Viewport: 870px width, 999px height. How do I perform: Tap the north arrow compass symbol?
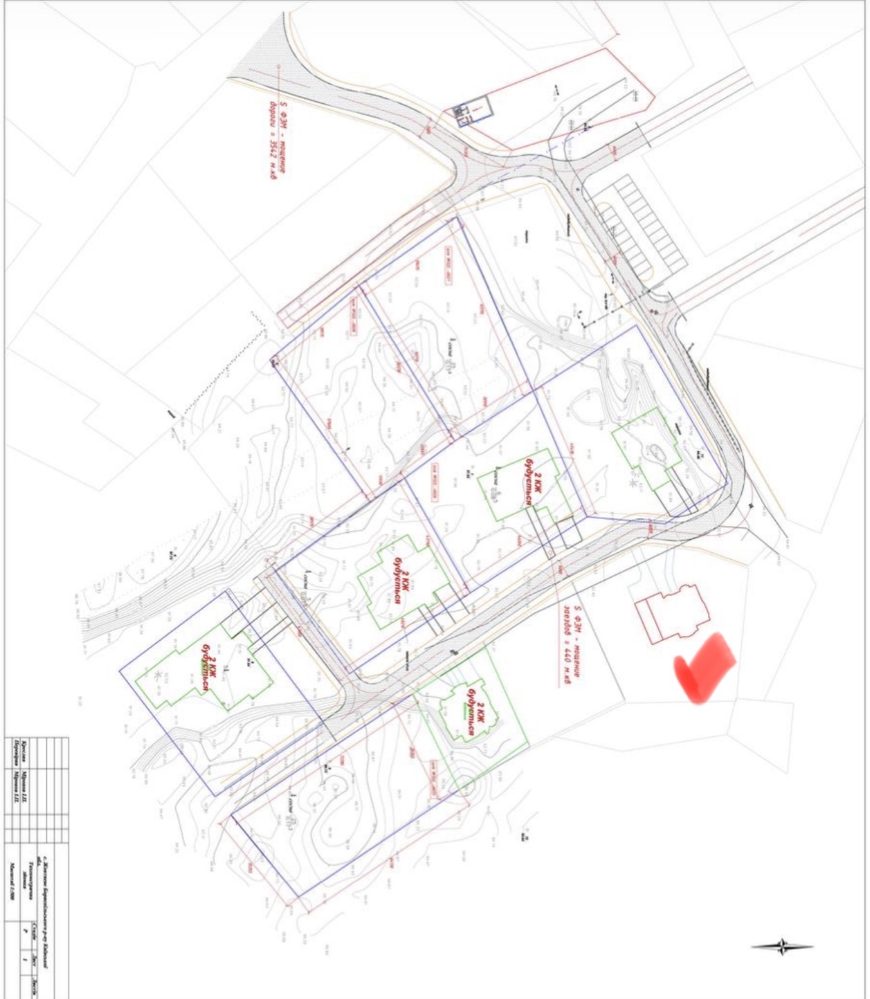(782, 946)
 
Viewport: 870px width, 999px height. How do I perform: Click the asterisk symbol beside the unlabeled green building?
(633, 483)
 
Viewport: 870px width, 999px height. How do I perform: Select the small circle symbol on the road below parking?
(652, 311)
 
